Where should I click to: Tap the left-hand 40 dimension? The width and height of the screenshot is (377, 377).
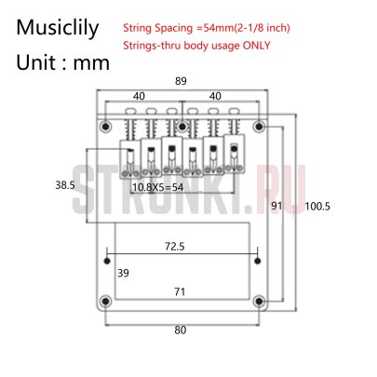pos(137,95)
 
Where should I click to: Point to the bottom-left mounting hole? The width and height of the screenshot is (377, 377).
pos(105,299)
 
